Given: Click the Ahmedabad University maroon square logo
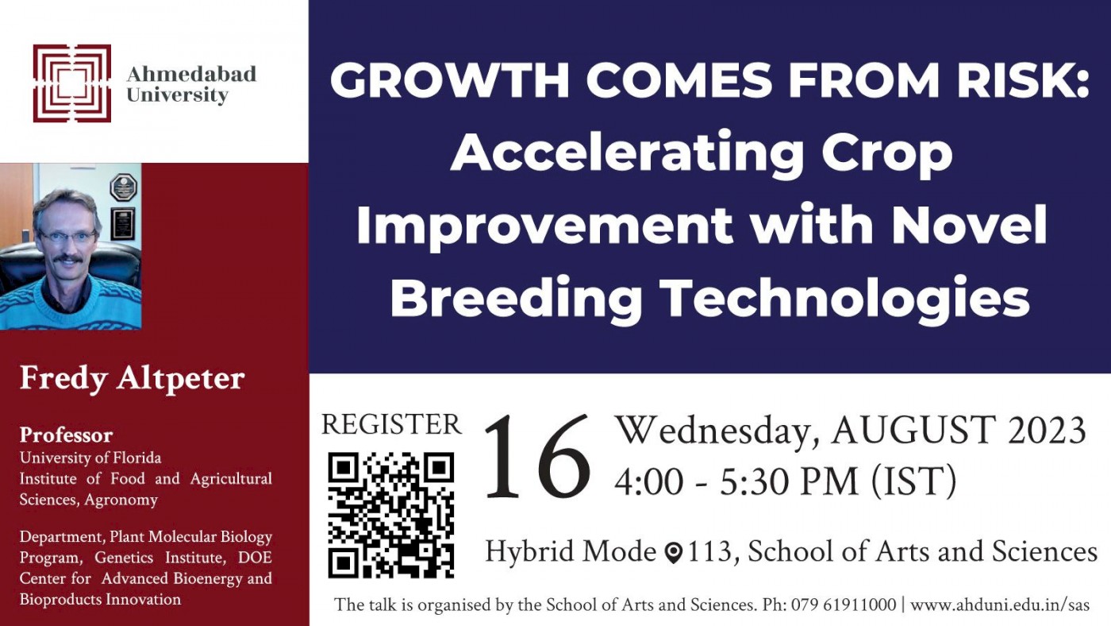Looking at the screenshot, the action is [72, 83].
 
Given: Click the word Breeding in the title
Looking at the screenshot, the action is [516, 299].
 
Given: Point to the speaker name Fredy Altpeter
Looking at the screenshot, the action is [132, 379].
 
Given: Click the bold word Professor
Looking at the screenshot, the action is [67, 435].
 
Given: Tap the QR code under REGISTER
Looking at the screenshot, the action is [390, 516].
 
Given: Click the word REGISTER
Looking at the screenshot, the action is [391, 425].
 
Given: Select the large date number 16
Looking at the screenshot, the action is [538, 456].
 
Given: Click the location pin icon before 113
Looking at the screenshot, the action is [674, 553].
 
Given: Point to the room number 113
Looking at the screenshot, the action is [709, 551].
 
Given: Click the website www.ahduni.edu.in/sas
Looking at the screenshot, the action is [1000, 605].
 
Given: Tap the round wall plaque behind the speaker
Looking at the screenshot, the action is [123, 187].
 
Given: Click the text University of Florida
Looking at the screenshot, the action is [90, 458].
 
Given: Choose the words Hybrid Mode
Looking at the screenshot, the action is [571, 552].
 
